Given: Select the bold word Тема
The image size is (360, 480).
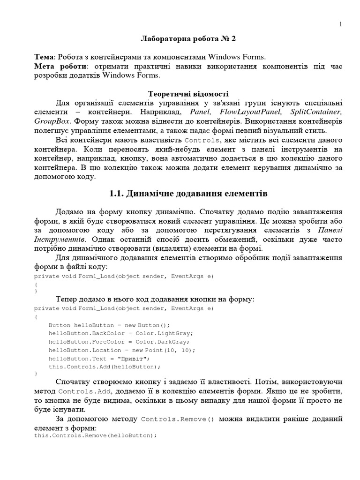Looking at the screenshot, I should pos(44,57).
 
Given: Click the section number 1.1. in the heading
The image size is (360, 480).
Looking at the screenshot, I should pos(118,194).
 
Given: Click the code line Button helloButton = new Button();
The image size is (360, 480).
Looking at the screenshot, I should pos(109,325).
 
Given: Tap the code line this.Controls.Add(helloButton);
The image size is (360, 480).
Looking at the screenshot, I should pos(105,367).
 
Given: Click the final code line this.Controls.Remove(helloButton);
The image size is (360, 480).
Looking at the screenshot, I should pos(95,435).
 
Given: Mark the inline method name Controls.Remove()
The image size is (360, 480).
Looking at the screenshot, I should pos(177,419).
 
